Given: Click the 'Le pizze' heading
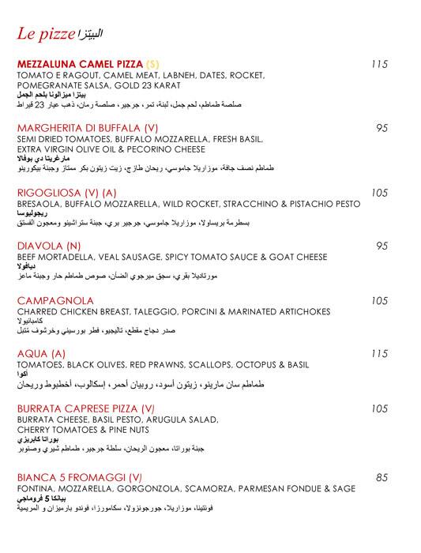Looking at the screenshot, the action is point(46,34).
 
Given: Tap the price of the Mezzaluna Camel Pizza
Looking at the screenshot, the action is point(380,64).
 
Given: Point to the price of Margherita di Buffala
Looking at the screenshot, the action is point(382,128).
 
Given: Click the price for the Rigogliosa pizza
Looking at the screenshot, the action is point(380,192).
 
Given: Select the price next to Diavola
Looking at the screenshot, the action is point(382,246).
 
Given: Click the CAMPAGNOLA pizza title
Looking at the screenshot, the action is point(55,300).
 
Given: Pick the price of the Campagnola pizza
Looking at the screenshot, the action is point(380,300).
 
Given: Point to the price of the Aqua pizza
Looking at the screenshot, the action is point(380,354).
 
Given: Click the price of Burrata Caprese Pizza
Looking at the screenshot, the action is point(380,408).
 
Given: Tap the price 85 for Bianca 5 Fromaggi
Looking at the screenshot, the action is point(382,477).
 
